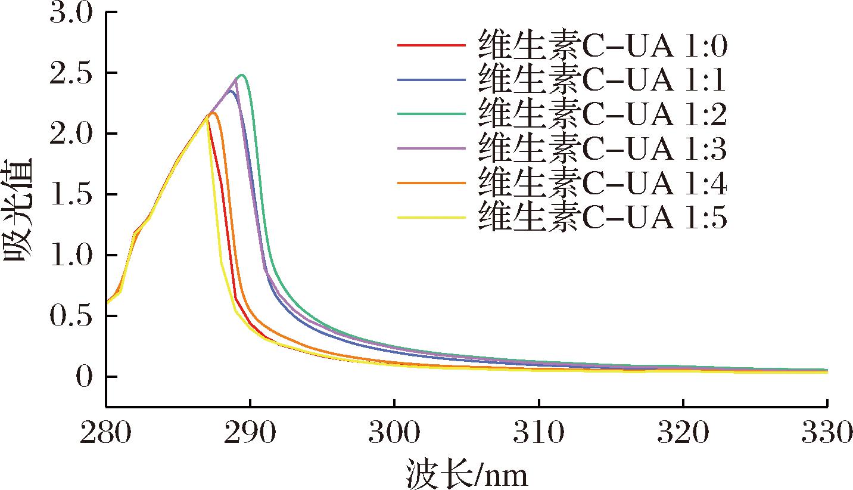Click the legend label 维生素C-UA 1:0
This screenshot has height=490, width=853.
point(602,45)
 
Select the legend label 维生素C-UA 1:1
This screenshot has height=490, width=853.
point(602,80)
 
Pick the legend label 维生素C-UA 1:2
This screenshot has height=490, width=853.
point(602,115)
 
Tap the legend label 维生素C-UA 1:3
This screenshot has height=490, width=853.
point(602,150)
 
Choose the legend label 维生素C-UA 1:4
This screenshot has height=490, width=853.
point(602,184)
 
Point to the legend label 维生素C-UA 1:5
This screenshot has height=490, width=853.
point(602,219)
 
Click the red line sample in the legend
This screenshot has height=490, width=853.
point(430,45)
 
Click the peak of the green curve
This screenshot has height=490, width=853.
point(242,75)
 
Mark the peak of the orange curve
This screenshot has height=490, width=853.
point(213,113)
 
